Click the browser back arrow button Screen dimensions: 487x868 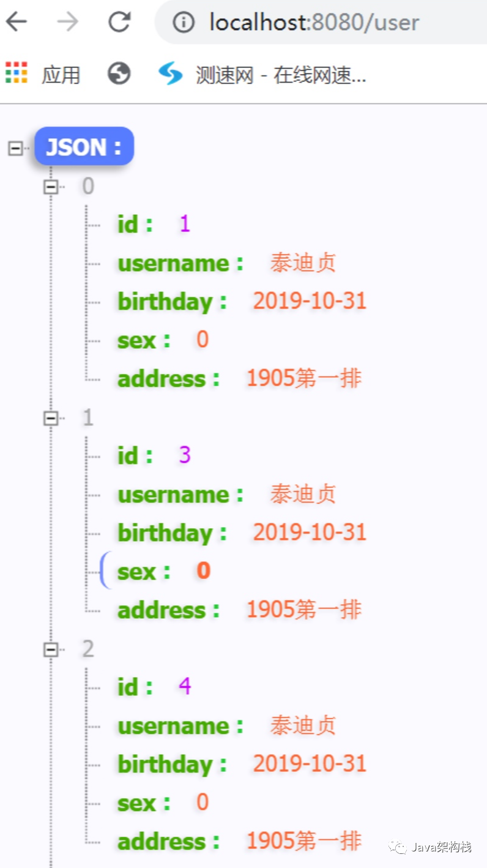click(x=17, y=22)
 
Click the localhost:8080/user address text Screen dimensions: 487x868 click(x=314, y=23)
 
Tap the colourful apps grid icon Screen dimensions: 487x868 click(x=17, y=73)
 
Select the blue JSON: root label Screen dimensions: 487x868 click(x=84, y=147)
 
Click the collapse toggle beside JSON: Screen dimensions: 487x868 click(x=15, y=148)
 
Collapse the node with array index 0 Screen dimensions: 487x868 click(x=51, y=187)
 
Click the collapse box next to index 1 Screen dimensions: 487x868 click(x=51, y=418)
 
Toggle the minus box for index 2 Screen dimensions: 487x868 click(x=51, y=649)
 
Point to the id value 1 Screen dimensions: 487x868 click(x=185, y=225)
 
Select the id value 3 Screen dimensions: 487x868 click(x=185, y=455)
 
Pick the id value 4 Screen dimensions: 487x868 click(x=185, y=687)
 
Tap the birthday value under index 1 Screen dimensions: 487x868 click(x=310, y=532)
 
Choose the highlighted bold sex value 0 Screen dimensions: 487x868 click(x=203, y=571)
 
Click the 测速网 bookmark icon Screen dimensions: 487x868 click(x=170, y=74)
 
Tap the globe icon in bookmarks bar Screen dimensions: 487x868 click(x=119, y=74)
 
